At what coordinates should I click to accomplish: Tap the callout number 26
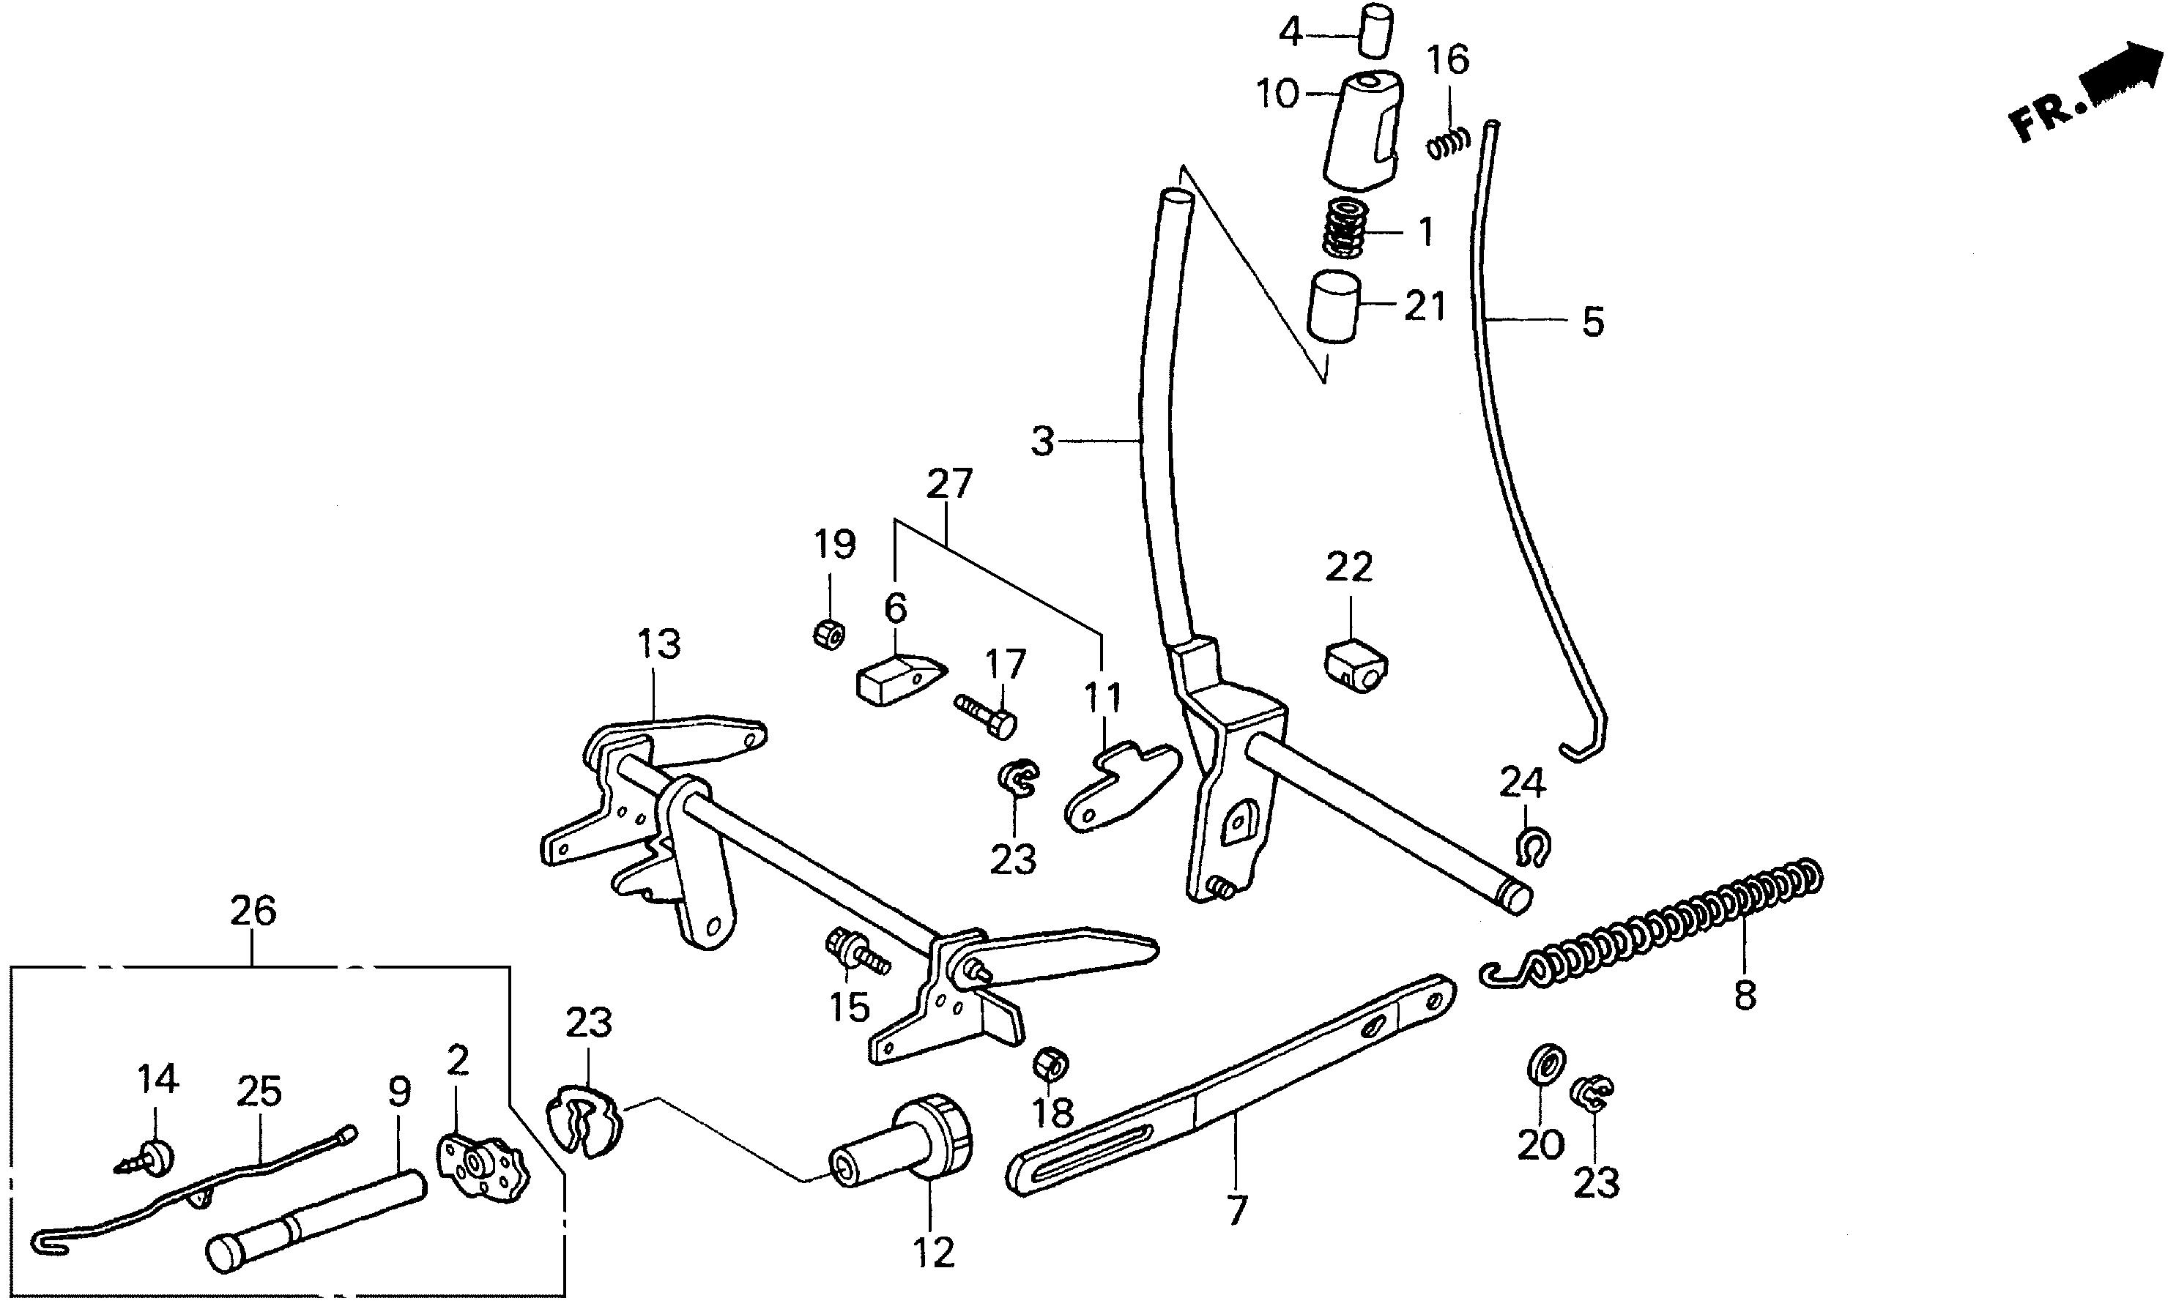(253, 911)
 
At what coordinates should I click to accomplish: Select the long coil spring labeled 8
(1659, 930)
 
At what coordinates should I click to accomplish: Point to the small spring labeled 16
(1448, 143)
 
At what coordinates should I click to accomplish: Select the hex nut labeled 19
(828, 633)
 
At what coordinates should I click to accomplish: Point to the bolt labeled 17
(986, 715)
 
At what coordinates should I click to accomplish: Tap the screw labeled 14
(149, 1155)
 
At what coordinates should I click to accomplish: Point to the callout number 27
(949, 483)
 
